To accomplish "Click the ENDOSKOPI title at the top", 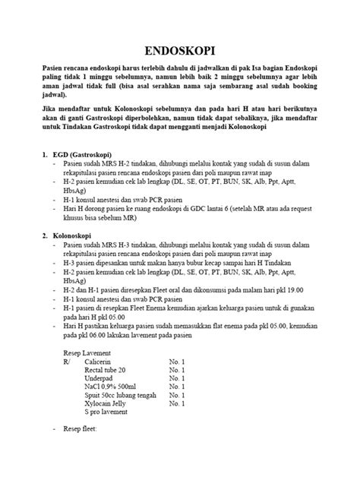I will (179, 52).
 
